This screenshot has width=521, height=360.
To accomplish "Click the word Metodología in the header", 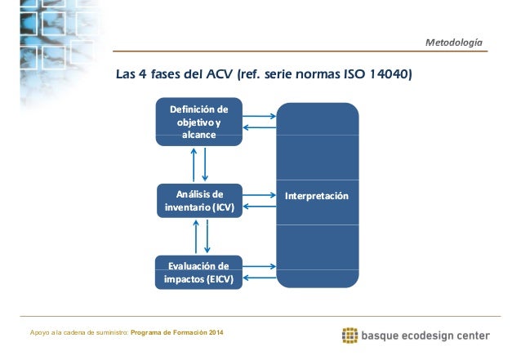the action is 454,42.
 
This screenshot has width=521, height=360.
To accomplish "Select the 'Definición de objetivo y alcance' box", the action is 198,122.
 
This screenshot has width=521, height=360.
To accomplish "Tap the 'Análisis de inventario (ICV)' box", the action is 198,201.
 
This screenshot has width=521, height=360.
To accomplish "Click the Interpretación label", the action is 317,198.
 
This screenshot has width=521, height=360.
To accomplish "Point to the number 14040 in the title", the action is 389,76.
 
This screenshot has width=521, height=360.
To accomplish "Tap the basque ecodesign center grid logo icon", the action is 350,335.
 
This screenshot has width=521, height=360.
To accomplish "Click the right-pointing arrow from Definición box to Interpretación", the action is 260,116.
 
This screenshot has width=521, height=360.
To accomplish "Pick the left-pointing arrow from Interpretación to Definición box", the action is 260,128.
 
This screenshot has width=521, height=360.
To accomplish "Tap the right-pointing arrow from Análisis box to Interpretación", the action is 260,196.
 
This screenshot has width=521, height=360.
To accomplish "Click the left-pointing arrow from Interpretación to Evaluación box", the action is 260,278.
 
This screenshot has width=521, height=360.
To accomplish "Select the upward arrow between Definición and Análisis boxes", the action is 194,164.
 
